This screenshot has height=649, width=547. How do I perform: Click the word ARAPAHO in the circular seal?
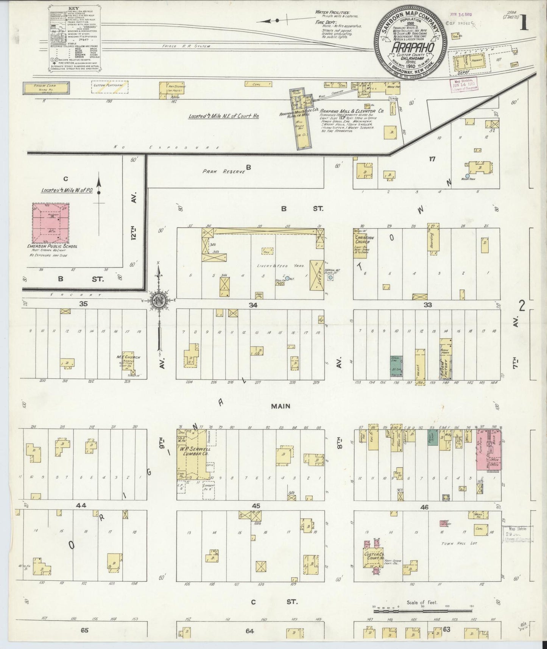411,48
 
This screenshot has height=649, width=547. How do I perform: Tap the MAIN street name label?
281,406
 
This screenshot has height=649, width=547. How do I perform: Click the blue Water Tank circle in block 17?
467,176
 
